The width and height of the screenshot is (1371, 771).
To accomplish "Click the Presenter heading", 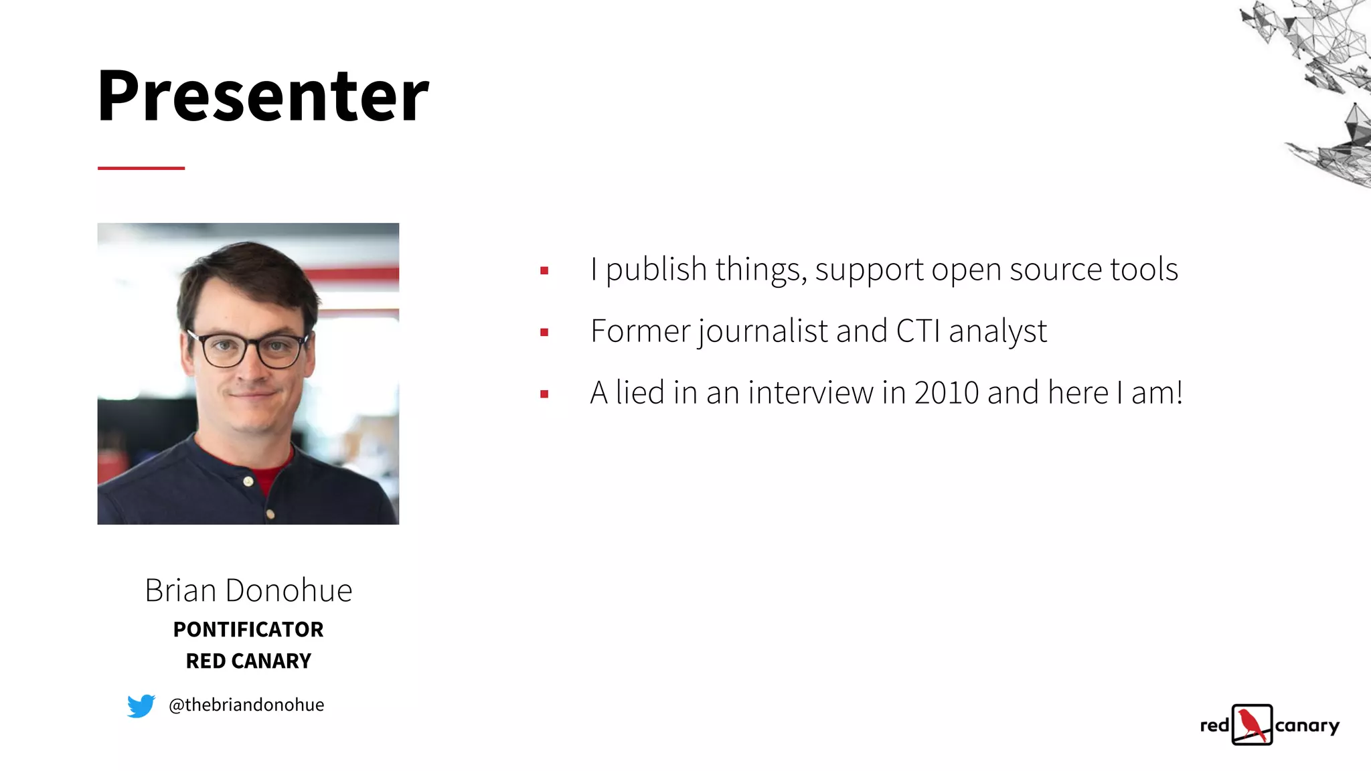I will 262,95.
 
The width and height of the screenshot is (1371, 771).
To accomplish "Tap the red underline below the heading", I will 141,168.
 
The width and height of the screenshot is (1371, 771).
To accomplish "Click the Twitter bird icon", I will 141,705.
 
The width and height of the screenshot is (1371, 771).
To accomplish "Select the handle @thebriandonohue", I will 246,705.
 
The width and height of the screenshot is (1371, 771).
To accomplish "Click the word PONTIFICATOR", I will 248,629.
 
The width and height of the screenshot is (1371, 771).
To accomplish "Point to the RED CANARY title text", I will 248,661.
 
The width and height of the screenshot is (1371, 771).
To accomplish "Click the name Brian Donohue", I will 248,590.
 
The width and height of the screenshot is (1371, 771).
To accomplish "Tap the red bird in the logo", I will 1251,724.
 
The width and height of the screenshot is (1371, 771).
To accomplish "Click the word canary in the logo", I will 1307,725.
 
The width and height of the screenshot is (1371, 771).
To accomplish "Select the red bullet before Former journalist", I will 544,332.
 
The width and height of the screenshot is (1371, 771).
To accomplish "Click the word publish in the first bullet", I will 656,270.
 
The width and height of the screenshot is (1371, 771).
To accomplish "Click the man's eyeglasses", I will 249,349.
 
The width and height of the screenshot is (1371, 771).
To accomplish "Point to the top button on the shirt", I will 248,481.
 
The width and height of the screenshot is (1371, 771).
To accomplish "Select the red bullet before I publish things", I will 544,270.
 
